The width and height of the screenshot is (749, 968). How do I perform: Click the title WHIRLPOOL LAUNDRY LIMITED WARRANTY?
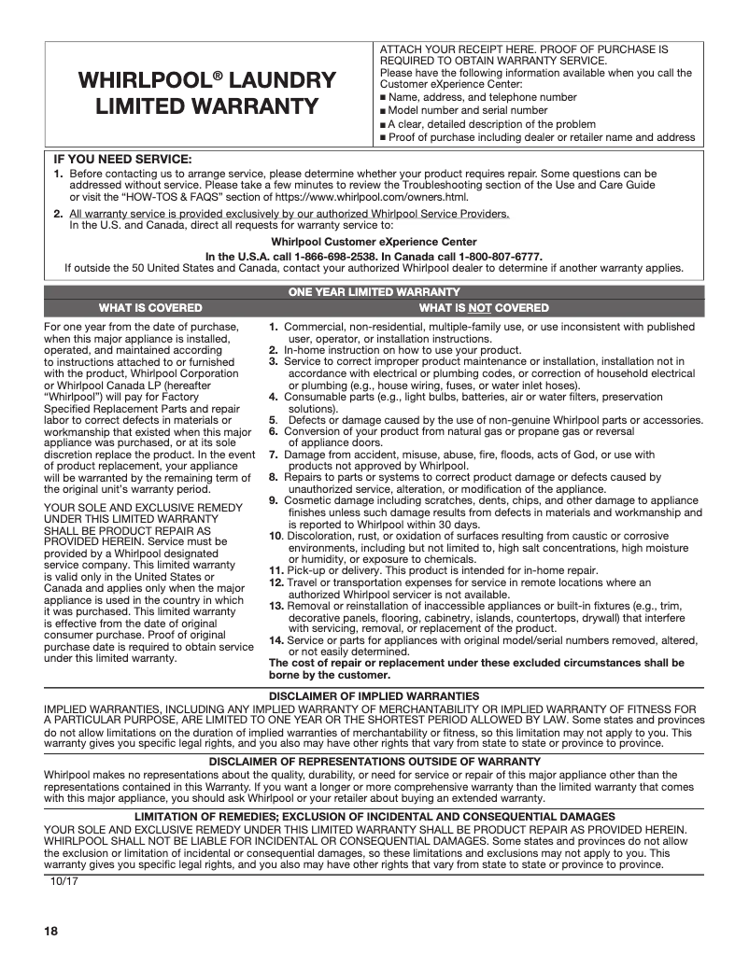click(x=206, y=93)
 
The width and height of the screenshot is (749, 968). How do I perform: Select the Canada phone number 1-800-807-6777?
click(x=498, y=256)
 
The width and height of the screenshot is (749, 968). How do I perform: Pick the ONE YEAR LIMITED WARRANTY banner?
click(x=374, y=292)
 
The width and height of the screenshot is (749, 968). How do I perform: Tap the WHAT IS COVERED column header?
click(x=150, y=307)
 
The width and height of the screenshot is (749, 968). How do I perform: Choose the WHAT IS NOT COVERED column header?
click(x=484, y=307)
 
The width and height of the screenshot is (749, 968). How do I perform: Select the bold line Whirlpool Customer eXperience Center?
click(x=374, y=241)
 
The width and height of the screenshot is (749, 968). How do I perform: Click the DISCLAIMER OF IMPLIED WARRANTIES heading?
click(x=374, y=696)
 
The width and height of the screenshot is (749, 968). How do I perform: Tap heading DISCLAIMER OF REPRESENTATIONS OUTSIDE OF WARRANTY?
click(x=374, y=762)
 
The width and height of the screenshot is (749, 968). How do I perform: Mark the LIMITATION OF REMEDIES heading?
click(x=374, y=817)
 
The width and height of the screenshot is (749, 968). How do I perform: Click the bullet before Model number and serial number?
click(x=382, y=111)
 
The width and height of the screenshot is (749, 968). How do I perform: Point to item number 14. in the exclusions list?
click(x=276, y=640)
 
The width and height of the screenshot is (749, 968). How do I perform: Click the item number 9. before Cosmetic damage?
click(x=274, y=500)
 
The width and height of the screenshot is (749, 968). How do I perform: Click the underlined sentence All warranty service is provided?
click(x=290, y=214)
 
